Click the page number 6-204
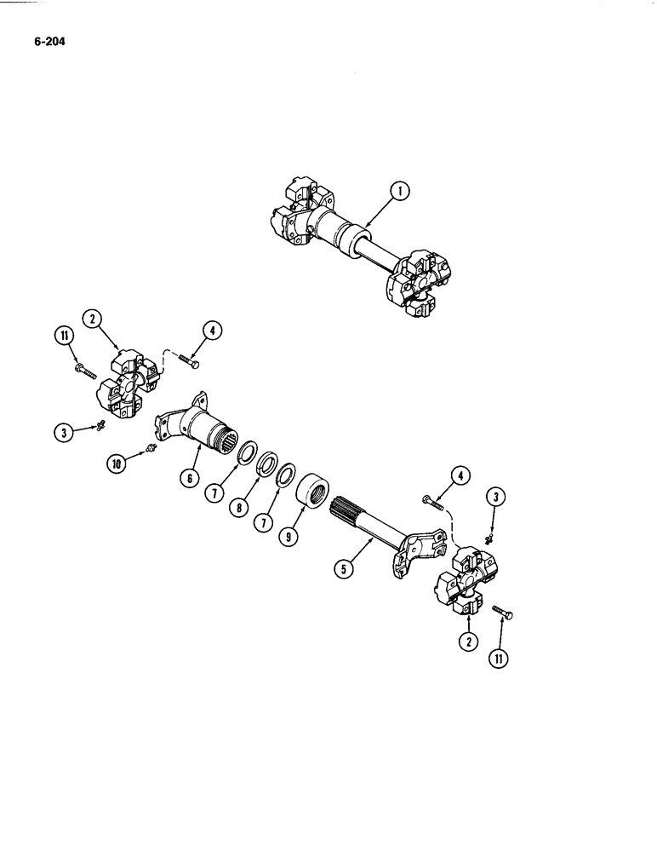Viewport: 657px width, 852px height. (50, 38)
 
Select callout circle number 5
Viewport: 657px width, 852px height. (344, 567)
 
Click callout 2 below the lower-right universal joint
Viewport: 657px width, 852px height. (466, 642)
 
